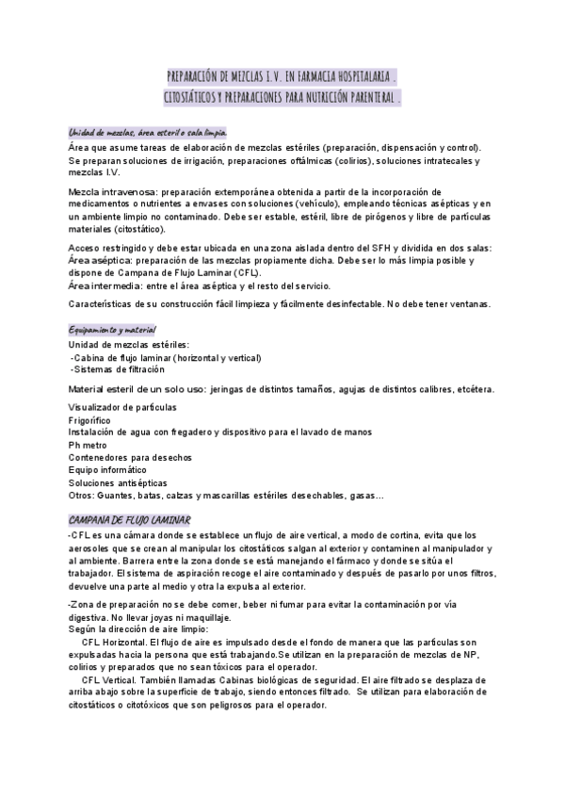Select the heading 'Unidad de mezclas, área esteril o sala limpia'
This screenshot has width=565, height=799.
tap(147, 133)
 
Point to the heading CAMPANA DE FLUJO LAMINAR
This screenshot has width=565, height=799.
tap(131, 520)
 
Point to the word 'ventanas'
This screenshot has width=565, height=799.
tap(487, 303)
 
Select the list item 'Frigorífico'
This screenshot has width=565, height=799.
tap(89, 419)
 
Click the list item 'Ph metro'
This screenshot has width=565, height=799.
tap(88, 444)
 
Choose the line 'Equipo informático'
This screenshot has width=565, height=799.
tap(106, 468)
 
